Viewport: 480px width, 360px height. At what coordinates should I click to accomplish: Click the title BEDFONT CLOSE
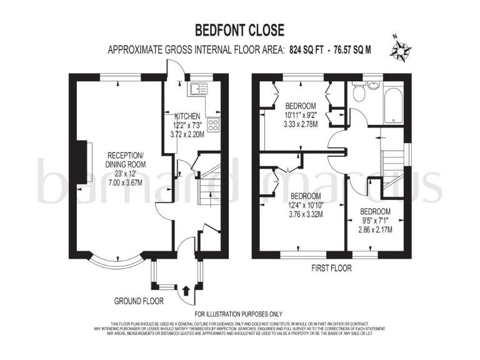pos(240,29)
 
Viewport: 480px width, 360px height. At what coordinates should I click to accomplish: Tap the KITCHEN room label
pos(187,116)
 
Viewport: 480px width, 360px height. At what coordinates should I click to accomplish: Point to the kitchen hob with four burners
pos(213,124)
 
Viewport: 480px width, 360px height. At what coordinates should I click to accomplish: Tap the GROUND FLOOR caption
pos(139,301)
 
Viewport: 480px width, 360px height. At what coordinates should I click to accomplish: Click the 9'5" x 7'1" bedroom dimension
pos(376,220)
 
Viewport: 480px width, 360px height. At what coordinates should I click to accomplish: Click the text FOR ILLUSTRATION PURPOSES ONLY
pos(239,314)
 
